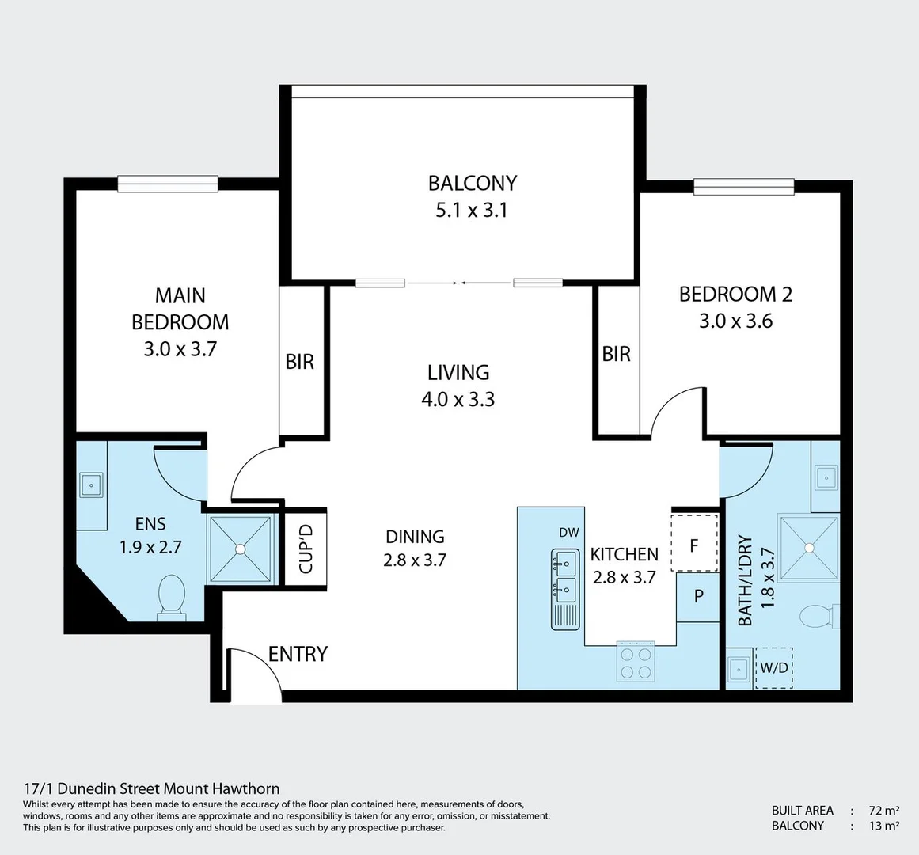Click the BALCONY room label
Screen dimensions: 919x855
(473, 183)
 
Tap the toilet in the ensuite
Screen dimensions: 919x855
(171, 597)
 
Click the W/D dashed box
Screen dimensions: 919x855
(774, 667)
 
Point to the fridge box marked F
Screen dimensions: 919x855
(694, 543)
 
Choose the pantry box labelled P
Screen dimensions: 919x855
(698, 597)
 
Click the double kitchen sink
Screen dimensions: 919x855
(565, 590)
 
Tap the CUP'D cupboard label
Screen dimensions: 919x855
(306, 549)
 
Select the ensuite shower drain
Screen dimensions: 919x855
(241, 549)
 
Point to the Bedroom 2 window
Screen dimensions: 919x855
(744, 186)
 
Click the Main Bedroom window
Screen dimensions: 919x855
(168, 184)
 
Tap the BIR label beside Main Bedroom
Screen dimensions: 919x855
(299, 362)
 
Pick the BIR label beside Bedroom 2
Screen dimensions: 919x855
(616, 354)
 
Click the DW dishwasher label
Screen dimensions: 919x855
(568, 532)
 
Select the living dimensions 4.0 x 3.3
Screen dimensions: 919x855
(458, 399)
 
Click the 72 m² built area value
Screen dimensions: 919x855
(884, 811)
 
